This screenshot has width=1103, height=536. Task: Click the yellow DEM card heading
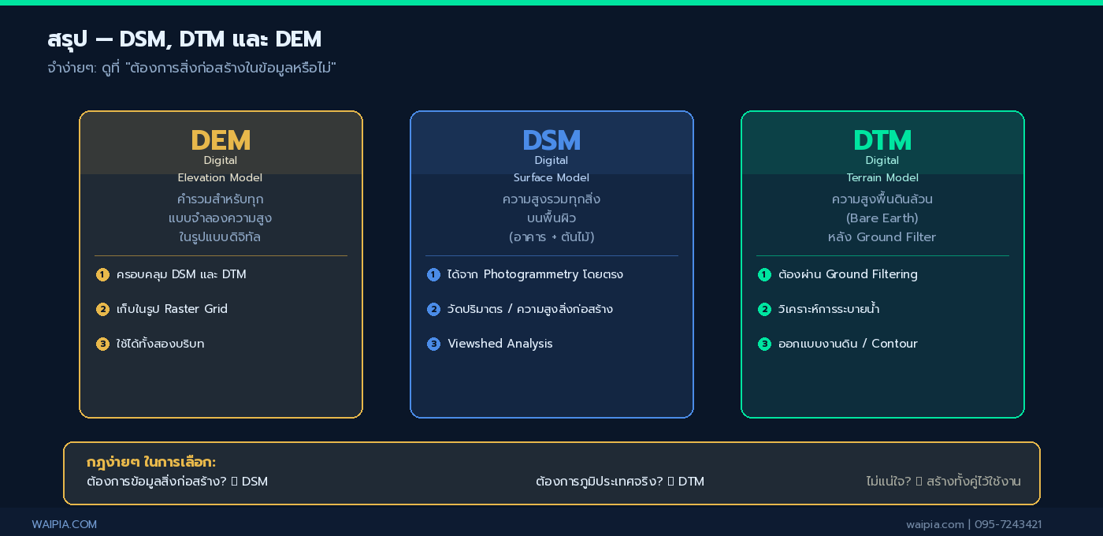coord(221,140)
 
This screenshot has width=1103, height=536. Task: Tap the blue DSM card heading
coord(551,140)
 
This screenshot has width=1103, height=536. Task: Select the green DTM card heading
coord(882,140)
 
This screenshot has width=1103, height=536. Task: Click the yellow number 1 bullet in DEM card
coord(102,274)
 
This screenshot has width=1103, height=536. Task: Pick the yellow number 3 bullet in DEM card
coord(102,344)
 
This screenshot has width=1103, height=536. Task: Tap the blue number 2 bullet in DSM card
coord(433,309)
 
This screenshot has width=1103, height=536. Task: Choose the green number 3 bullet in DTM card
coord(764,344)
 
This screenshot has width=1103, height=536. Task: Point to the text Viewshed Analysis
coord(500,344)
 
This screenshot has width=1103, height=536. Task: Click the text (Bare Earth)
coord(882,218)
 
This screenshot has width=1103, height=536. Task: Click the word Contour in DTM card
coord(894,344)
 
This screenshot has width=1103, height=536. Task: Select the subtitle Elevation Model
coord(221,178)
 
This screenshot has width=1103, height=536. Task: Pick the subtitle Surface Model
coord(551,178)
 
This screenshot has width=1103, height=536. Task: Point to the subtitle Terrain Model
coord(882,178)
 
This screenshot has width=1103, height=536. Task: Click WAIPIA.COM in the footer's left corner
coord(65,524)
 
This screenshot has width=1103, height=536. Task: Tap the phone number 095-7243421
coord(1008,524)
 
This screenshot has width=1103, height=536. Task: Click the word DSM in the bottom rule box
coord(254,482)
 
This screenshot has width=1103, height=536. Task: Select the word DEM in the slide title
coord(299,39)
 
